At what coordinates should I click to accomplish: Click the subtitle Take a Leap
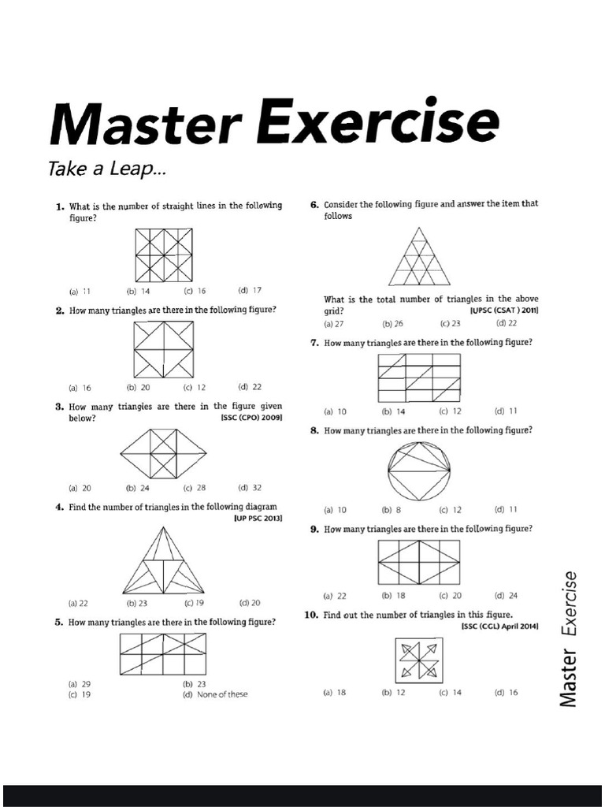108,169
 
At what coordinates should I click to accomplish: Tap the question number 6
314,205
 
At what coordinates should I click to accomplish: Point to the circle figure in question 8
418,472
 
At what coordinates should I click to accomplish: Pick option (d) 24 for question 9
506,595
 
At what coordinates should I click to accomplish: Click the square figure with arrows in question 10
418,660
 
